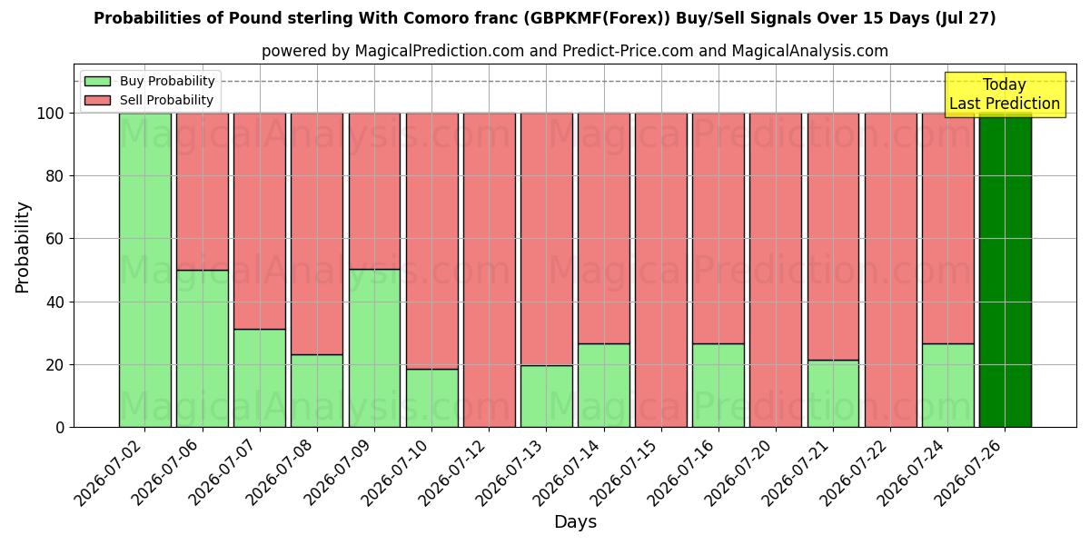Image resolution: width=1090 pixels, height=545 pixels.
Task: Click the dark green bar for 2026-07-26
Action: tap(1006, 270)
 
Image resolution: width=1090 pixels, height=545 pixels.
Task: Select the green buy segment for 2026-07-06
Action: tap(203, 349)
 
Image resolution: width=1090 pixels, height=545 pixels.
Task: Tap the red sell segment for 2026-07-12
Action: tap(489, 270)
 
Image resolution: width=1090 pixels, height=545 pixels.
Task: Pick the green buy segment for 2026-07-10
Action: tap(432, 398)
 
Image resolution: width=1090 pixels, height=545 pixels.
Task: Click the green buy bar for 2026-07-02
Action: tap(145, 270)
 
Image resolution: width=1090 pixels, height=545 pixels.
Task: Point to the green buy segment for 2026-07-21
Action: tap(833, 393)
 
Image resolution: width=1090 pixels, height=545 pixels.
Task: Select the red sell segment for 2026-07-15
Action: tap(661, 270)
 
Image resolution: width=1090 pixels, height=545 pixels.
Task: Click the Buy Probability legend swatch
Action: tap(97, 81)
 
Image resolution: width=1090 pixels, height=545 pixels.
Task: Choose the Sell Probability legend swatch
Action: tap(97, 100)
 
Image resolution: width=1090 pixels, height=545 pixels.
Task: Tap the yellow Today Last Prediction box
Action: tap(1006, 94)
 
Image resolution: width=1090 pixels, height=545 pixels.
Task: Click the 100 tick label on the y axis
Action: tap(51, 114)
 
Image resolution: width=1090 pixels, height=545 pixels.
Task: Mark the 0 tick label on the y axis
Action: tap(60, 428)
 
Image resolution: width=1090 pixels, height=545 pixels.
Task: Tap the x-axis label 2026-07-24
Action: tap(912, 473)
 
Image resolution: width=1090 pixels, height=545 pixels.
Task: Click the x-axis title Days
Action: tap(575, 522)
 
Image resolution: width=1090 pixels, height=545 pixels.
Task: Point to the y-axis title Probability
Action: tap(23, 248)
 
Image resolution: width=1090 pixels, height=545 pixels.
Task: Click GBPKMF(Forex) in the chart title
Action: tap(597, 18)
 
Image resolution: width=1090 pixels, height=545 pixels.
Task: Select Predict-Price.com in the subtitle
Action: tap(628, 51)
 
